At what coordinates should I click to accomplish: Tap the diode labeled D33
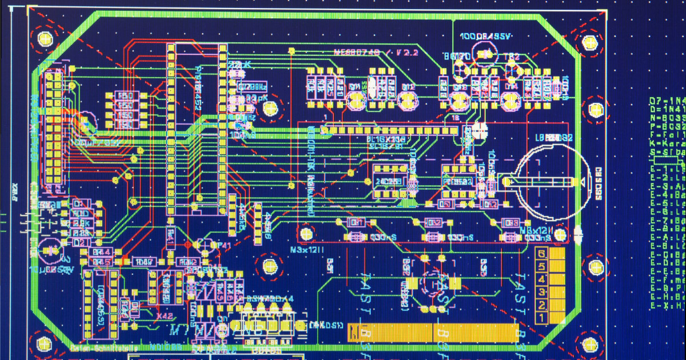[511, 222]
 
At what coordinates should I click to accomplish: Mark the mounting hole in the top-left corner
[45, 38]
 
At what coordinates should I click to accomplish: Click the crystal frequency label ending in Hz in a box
[252, 87]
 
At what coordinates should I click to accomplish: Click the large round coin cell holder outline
[552, 182]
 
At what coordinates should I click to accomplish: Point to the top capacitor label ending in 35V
[485, 37]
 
